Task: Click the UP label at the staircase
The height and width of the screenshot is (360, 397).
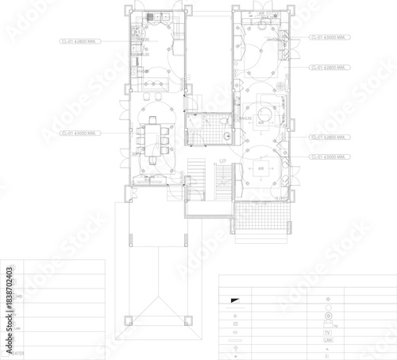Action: coord(223,161)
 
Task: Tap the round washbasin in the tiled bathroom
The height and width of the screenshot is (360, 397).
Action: coord(228,136)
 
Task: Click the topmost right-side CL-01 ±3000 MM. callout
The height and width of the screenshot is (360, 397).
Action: coord(327,37)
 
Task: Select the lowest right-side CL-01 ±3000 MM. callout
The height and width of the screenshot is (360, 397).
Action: coord(327,157)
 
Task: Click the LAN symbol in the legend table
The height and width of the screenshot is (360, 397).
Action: coord(327,339)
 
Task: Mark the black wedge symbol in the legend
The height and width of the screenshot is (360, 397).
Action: coord(235,299)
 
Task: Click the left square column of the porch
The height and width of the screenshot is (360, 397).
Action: coord(125,320)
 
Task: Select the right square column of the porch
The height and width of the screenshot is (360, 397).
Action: coord(187,320)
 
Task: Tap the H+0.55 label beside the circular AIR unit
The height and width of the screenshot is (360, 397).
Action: coord(245,118)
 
